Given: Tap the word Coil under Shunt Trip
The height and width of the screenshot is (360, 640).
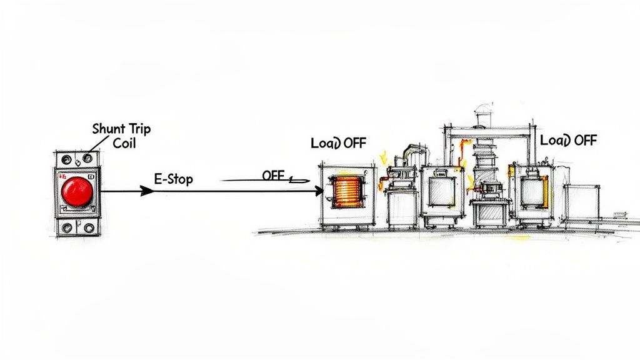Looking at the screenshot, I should [x=124, y=142].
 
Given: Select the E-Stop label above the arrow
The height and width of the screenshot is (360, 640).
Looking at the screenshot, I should [x=173, y=179].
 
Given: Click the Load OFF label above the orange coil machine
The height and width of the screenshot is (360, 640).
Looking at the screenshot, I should [x=338, y=143].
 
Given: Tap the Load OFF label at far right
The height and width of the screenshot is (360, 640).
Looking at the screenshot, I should [x=568, y=140].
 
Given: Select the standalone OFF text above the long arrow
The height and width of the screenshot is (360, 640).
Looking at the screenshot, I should [x=273, y=176].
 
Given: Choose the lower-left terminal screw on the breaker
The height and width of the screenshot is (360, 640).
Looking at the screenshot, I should [x=66, y=227].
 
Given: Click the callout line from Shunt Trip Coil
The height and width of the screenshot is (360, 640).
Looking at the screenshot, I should [x=94, y=147].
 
